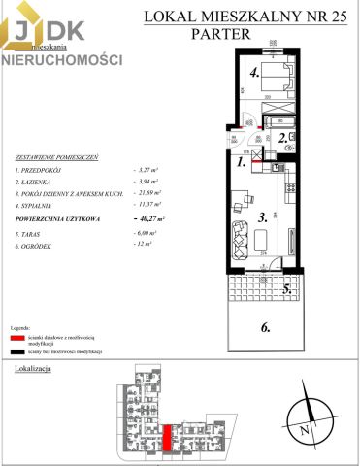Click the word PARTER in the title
[220, 32]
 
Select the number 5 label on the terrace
[287, 288]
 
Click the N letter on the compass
[304, 428]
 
